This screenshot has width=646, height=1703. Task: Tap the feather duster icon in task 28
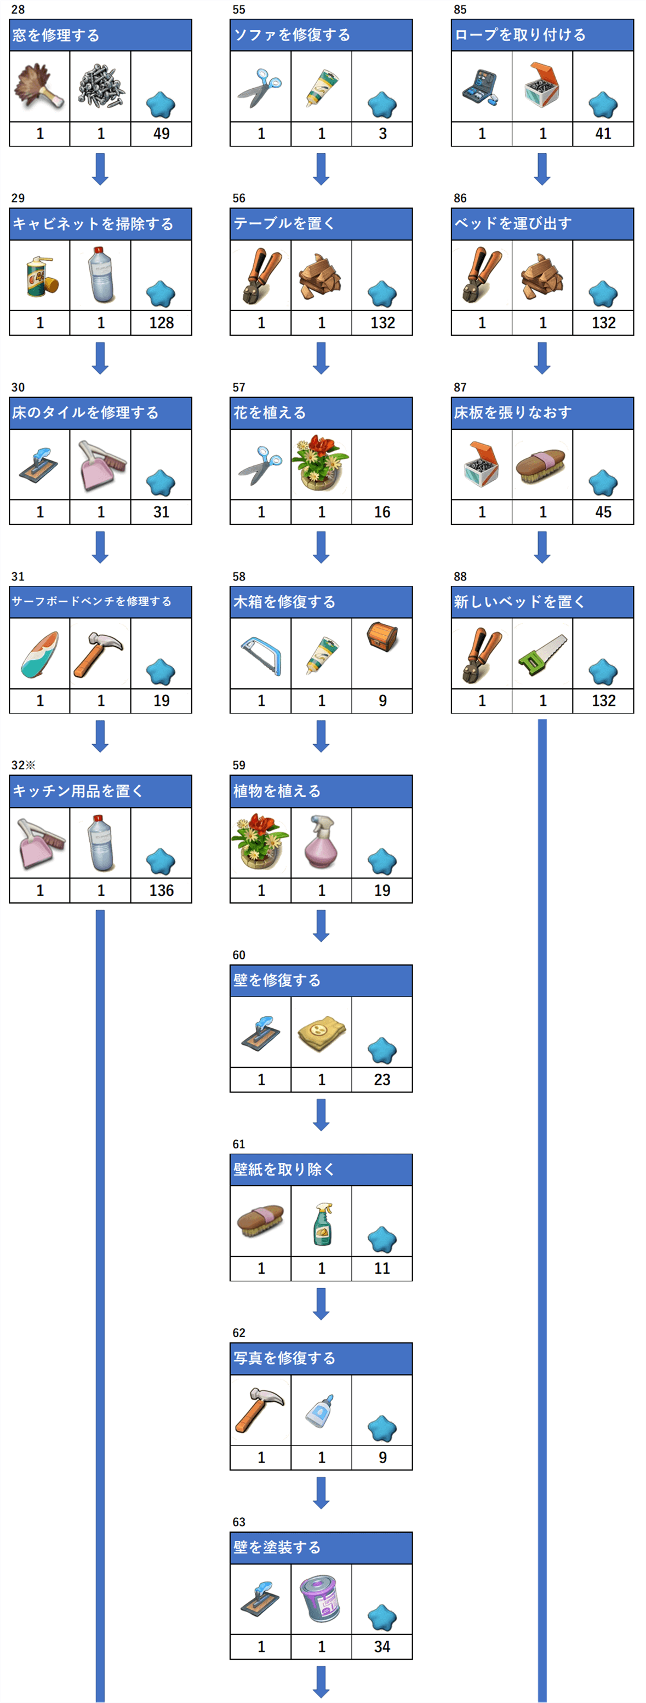[39, 87]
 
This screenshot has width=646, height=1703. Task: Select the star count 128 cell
[161, 323]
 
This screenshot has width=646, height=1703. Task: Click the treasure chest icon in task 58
[382, 635]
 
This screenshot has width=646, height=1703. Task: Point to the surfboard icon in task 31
[39, 654]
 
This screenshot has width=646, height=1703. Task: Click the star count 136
[161, 890]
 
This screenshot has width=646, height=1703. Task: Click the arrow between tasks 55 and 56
[321, 169]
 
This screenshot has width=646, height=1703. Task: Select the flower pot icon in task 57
[321, 463]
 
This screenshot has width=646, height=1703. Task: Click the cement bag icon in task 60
[321, 1032]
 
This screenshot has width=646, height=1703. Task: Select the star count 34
[382, 1647]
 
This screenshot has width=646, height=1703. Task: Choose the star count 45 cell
[603, 511]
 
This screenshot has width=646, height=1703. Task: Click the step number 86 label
[460, 198]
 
